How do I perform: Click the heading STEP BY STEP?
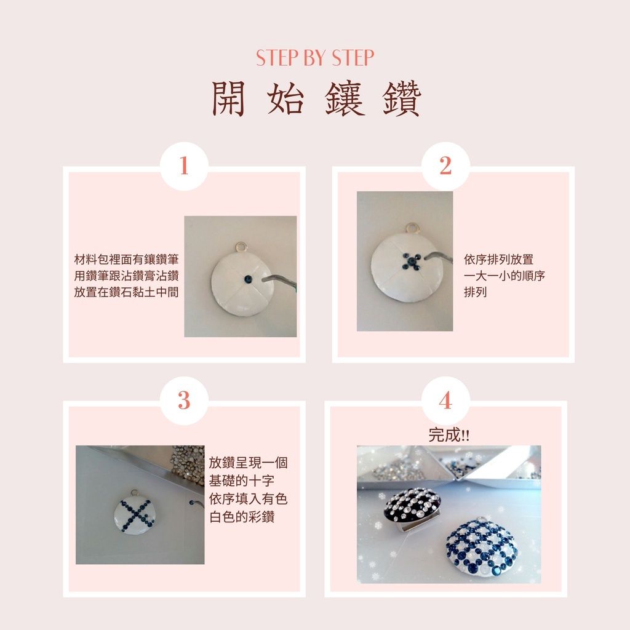pyautogui.click(x=315, y=58)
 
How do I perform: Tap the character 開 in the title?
pyautogui.click(x=229, y=99)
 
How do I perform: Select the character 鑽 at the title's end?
pyautogui.click(x=402, y=99)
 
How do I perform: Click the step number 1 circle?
pyautogui.click(x=184, y=166)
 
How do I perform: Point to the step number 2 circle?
pyautogui.click(x=445, y=166)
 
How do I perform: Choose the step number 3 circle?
pyautogui.click(x=184, y=401)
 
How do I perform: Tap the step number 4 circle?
pyautogui.click(x=445, y=401)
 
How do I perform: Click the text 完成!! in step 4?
pyautogui.click(x=449, y=435)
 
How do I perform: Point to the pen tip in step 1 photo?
pyautogui.click(x=263, y=280)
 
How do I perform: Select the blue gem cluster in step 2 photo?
pyautogui.click(x=412, y=261)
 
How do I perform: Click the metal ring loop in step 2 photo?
pyautogui.click(x=412, y=228)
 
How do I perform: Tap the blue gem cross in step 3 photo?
pyautogui.click(x=137, y=515)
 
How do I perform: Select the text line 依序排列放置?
pyautogui.click(x=498, y=260)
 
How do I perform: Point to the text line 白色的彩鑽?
pyautogui.click(x=242, y=517)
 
